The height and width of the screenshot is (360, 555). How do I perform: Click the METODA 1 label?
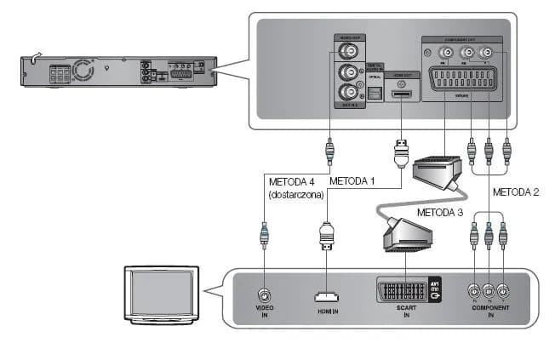point(352,181)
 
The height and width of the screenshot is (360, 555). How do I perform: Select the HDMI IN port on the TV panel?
point(326,297)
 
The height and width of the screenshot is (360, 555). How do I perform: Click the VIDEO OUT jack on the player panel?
point(347,50)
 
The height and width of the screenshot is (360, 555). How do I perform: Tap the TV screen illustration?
point(159,291)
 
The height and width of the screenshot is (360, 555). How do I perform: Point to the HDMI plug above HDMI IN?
point(326,234)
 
